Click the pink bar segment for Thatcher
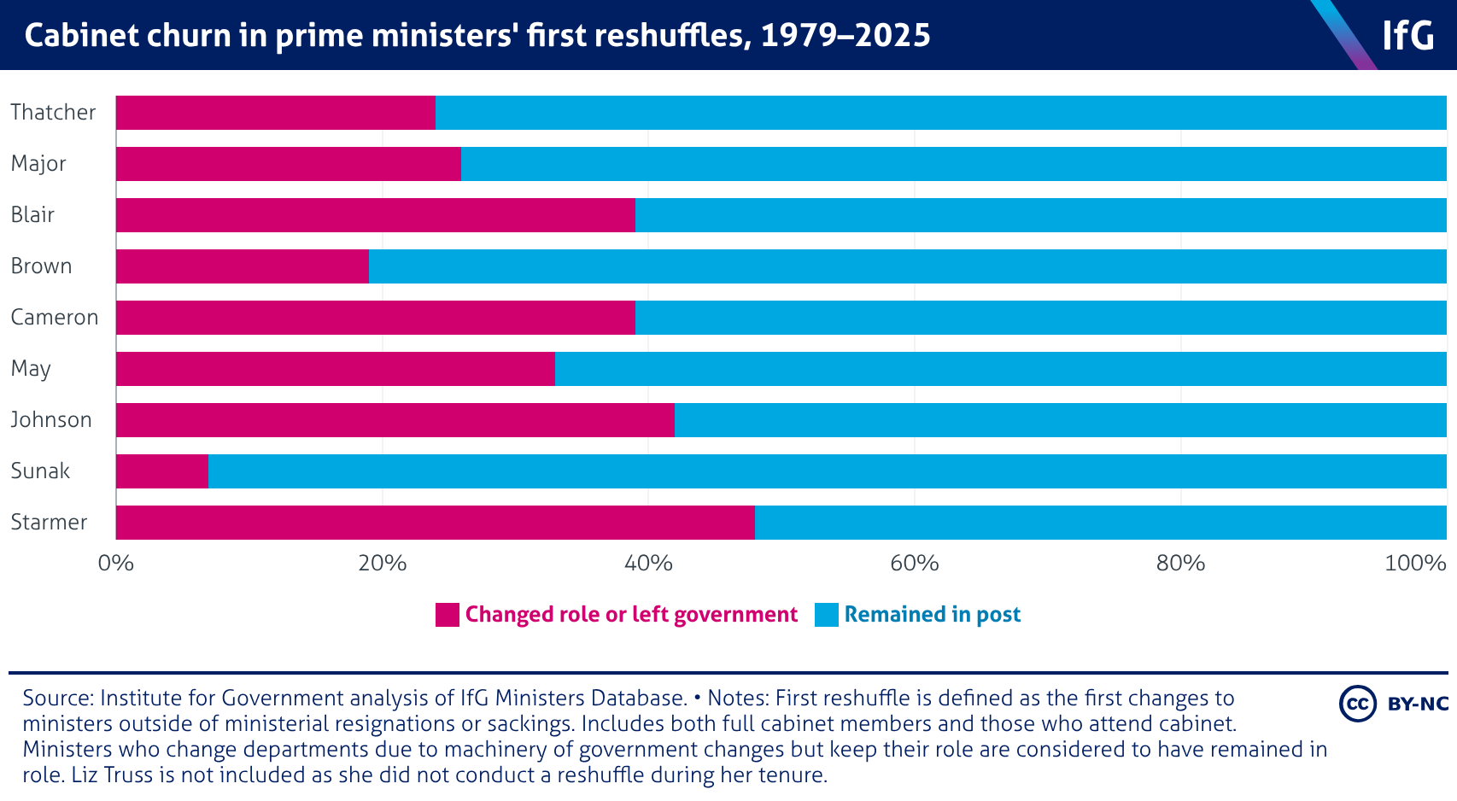click(x=275, y=113)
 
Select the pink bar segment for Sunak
click(x=162, y=471)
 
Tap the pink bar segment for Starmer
click(x=436, y=523)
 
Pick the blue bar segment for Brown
click(x=907, y=266)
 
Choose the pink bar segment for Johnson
click(x=395, y=420)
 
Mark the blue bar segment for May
click(x=1000, y=369)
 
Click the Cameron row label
click(x=55, y=318)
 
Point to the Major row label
click(x=38, y=164)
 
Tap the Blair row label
click(x=32, y=215)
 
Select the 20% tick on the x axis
click(x=383, y=564)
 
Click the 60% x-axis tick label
click(x=915, y=564)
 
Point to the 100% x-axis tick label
click(x=1415, y=564)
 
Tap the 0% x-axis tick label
click(x=116, y=564)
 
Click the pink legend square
click(x=447, y=615)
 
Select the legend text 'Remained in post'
click(x=932, y=615)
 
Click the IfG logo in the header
click(x=1408, y=36)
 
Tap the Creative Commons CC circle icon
click(x=1357, y=704)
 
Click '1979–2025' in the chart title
click(x=846, y=36)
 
